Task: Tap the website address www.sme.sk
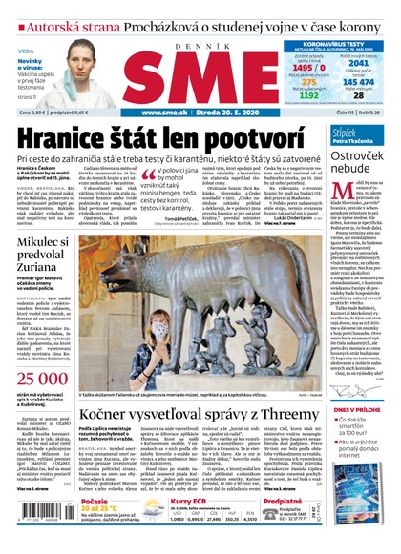click(164, 111)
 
